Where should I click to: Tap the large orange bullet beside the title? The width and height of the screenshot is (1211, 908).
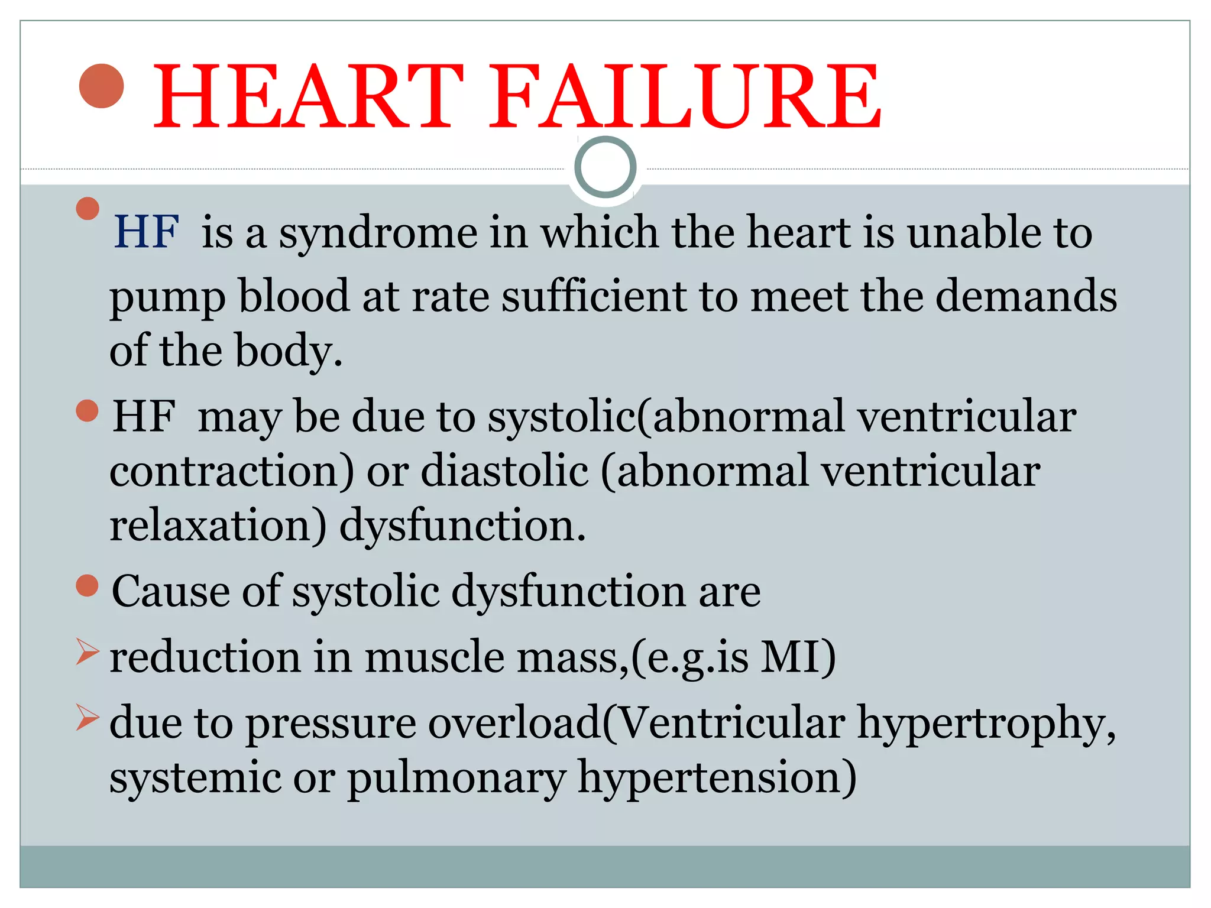102,86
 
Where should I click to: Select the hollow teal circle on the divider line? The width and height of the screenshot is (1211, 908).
605,167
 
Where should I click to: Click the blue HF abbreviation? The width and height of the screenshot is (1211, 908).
145,232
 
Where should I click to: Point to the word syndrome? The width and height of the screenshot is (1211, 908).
378,234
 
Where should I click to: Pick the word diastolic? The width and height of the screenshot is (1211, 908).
504,471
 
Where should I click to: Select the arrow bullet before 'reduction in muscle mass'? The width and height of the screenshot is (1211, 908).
88,653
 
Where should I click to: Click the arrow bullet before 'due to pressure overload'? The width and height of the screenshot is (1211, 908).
88,718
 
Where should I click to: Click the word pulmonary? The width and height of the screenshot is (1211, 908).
456,779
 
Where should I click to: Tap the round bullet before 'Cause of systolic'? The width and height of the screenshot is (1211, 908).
88,586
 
